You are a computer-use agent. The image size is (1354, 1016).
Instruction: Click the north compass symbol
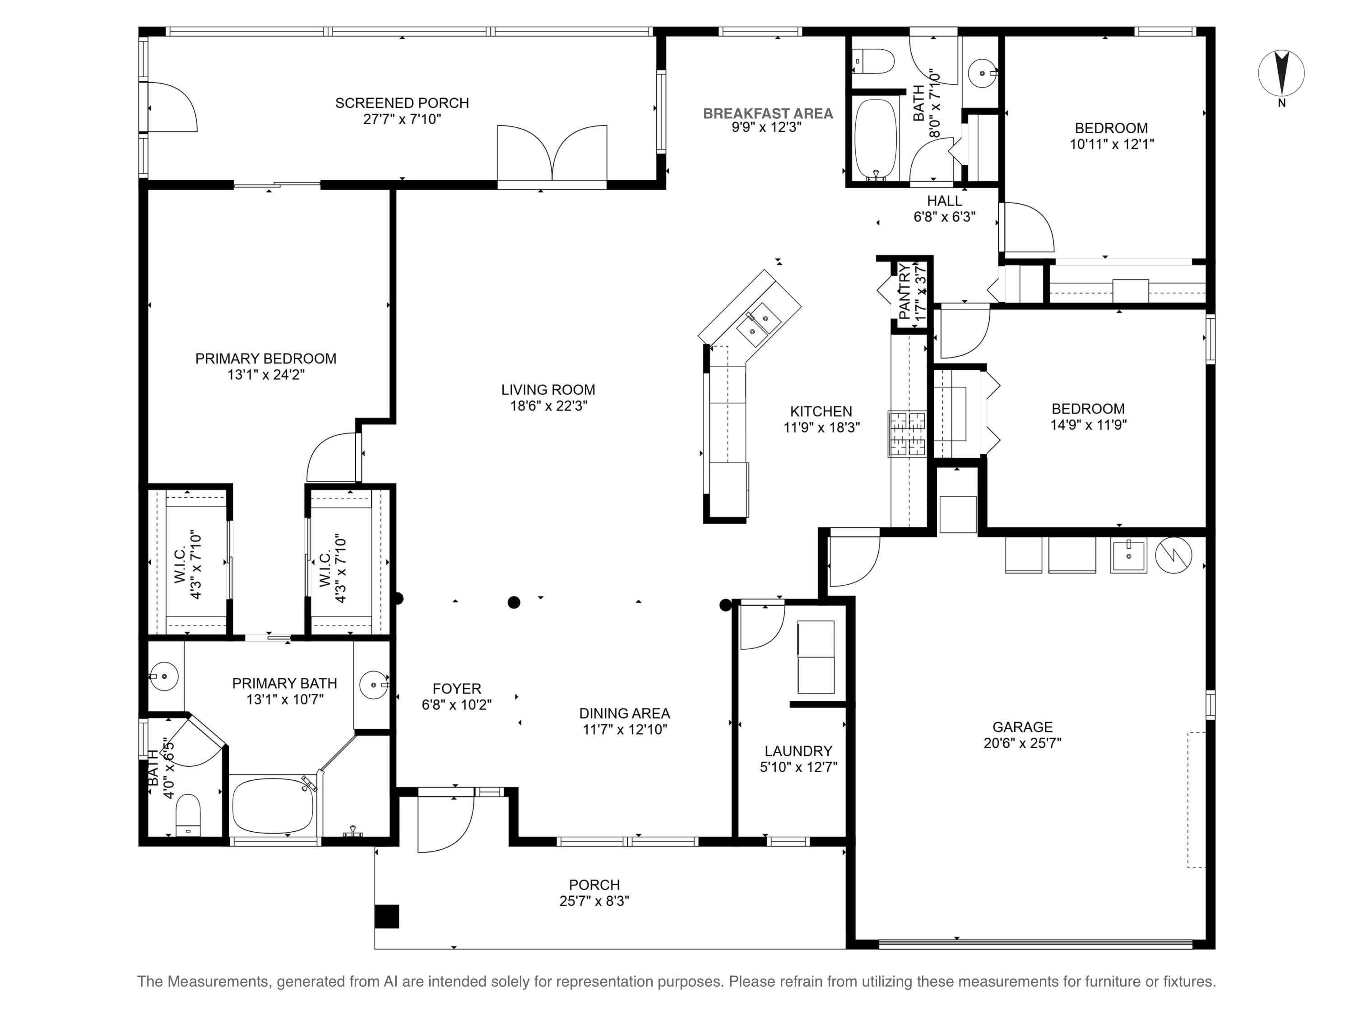pos(1281,74)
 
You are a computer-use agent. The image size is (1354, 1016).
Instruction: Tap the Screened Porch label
pos(402,103)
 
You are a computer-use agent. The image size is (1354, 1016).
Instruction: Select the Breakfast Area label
pos(768,113)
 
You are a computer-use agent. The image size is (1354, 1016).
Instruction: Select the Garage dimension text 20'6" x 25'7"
pos(1022,743)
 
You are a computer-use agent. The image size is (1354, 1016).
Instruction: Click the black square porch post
pos(387,916)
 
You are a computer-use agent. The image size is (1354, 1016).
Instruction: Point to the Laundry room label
pos(798,751)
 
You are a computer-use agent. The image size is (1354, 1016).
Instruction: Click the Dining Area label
pos(624,713)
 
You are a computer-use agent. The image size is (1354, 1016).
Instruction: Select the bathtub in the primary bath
pos(273,805)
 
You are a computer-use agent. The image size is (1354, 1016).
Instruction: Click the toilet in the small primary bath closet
pos(188,815)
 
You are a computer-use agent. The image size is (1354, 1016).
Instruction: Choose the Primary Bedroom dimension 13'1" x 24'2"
pos(266,374)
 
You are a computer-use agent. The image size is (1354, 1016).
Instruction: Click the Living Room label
pos(548,390)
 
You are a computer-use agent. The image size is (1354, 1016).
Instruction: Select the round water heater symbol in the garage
pos(1173,555)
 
